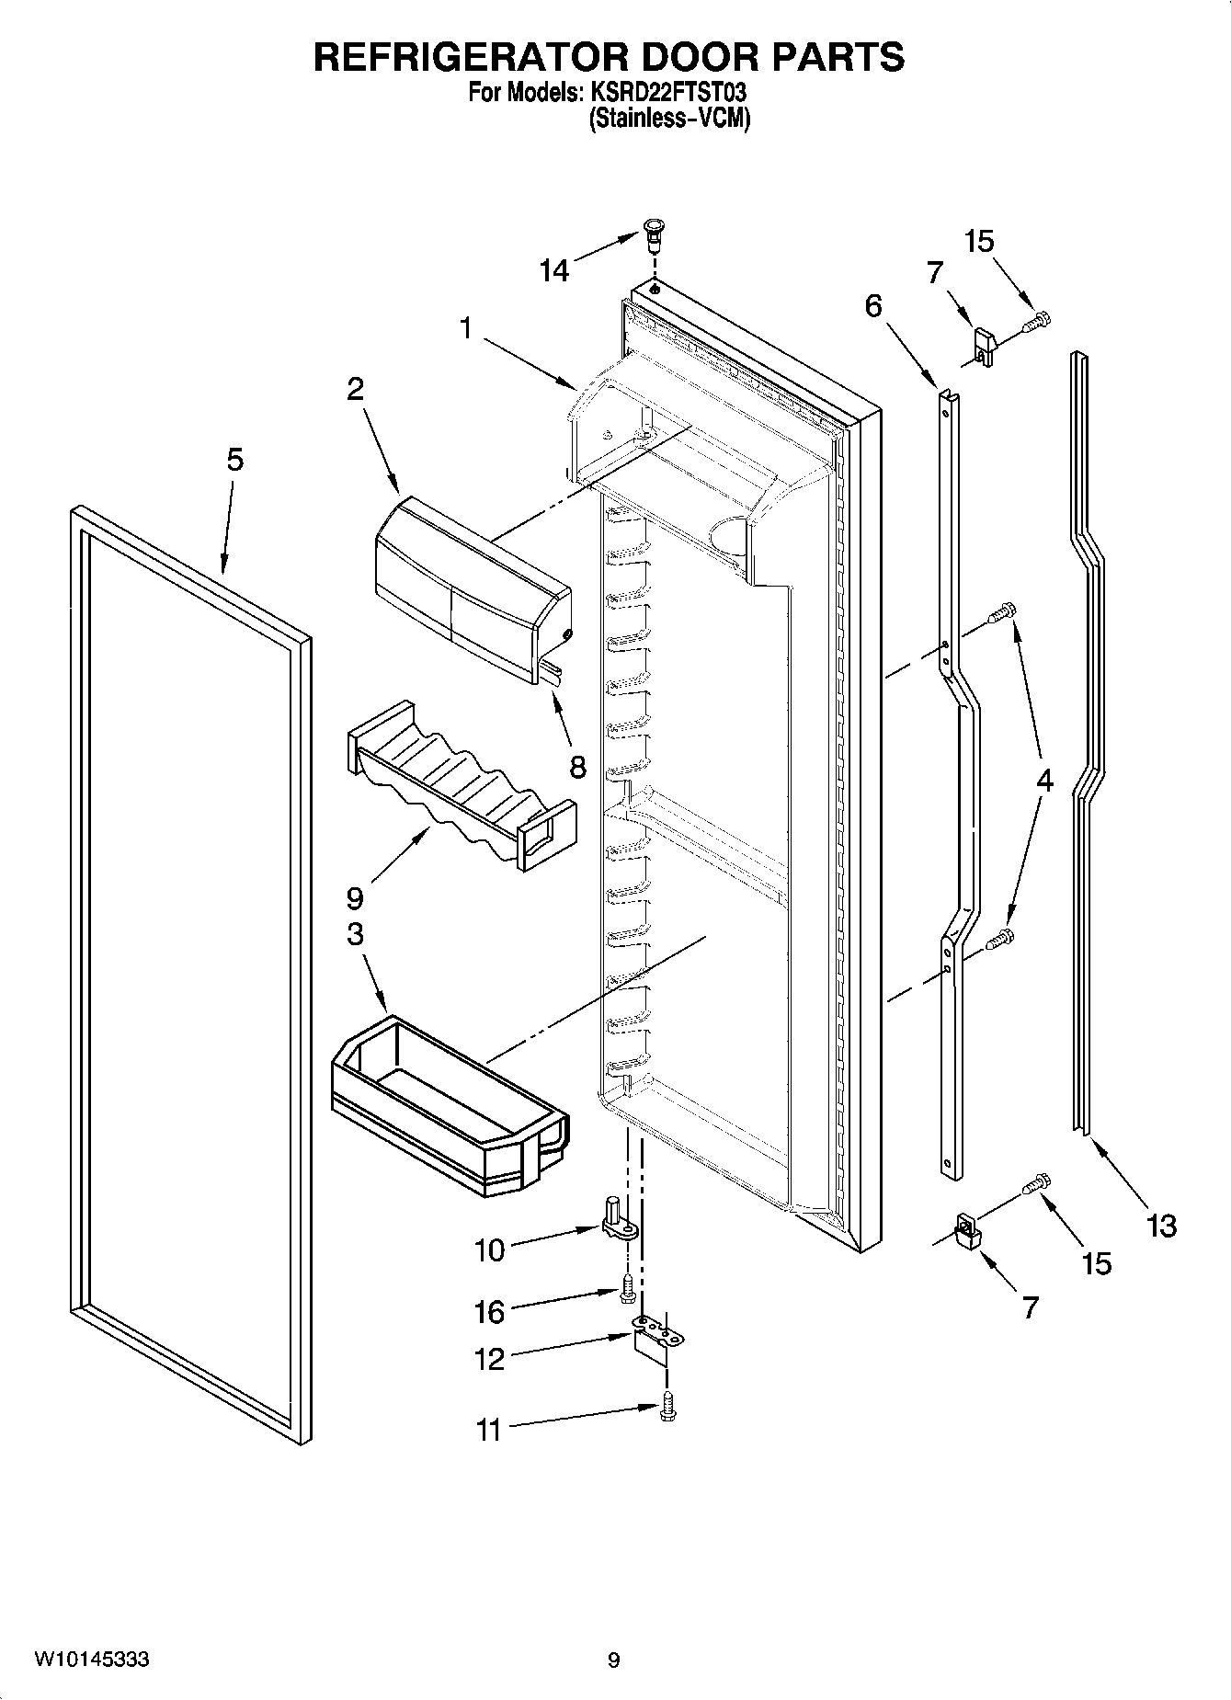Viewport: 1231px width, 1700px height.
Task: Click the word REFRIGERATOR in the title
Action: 470,57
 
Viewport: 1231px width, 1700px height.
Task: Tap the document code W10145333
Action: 92,1660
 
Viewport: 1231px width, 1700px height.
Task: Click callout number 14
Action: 554,270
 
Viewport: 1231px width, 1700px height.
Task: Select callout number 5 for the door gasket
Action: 235,459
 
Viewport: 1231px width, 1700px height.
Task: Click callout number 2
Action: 355,389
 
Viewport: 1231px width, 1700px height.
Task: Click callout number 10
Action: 490,1249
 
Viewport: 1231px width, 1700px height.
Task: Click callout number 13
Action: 1162,1225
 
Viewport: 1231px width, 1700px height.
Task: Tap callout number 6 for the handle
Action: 872,305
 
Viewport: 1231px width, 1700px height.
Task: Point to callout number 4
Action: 1044,781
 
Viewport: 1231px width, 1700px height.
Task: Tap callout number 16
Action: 490,1312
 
